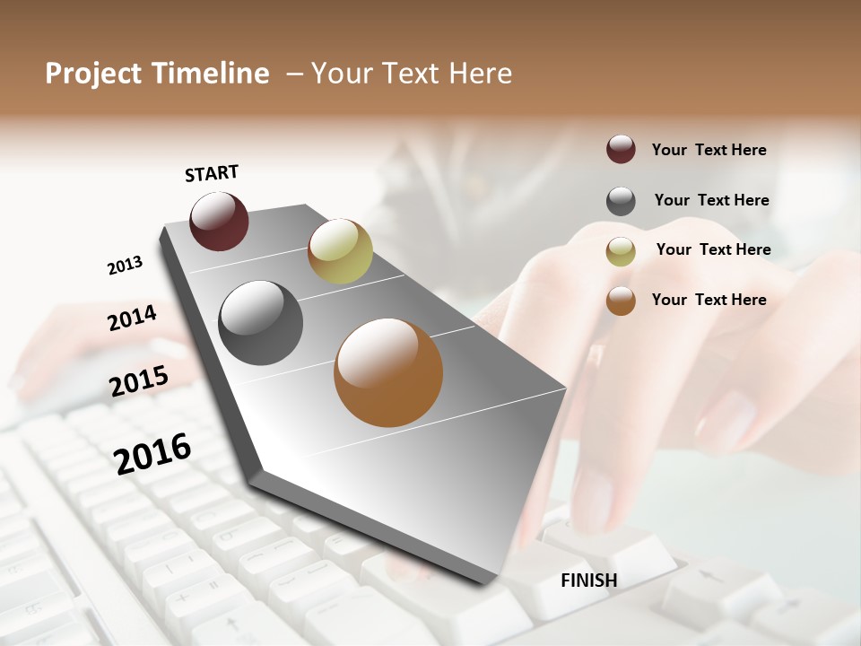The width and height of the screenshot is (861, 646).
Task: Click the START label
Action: coord(212,173)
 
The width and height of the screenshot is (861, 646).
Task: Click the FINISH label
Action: coord(588,581)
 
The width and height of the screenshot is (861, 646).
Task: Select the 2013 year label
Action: coord(125,266)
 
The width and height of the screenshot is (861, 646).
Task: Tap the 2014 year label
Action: coord(132,318)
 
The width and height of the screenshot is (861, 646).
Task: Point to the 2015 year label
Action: coord(139,380)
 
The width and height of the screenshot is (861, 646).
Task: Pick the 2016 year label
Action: coord(152,453)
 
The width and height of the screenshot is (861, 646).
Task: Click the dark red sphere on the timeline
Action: coord(219,221)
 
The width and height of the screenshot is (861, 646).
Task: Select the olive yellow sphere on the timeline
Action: coord(340,250)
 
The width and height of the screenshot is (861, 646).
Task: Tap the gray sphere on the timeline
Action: coord(260,322)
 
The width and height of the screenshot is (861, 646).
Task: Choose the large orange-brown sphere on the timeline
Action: coord(388,372)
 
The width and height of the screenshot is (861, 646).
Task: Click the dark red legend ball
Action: coord(621,150)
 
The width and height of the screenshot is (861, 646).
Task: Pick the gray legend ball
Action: coord(621,201)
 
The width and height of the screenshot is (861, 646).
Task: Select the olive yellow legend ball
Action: coord(621,250)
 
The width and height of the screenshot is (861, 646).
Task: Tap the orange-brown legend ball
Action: coord(621,301)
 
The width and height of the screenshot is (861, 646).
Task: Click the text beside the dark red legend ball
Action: coord(709,150)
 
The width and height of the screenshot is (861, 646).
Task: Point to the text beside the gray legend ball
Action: coord(711,200)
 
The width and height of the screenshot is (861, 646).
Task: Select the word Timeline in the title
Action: coord(211,74)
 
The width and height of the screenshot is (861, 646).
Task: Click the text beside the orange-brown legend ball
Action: coord(709,300)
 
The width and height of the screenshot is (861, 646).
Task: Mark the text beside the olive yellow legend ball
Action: coord(713,249)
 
